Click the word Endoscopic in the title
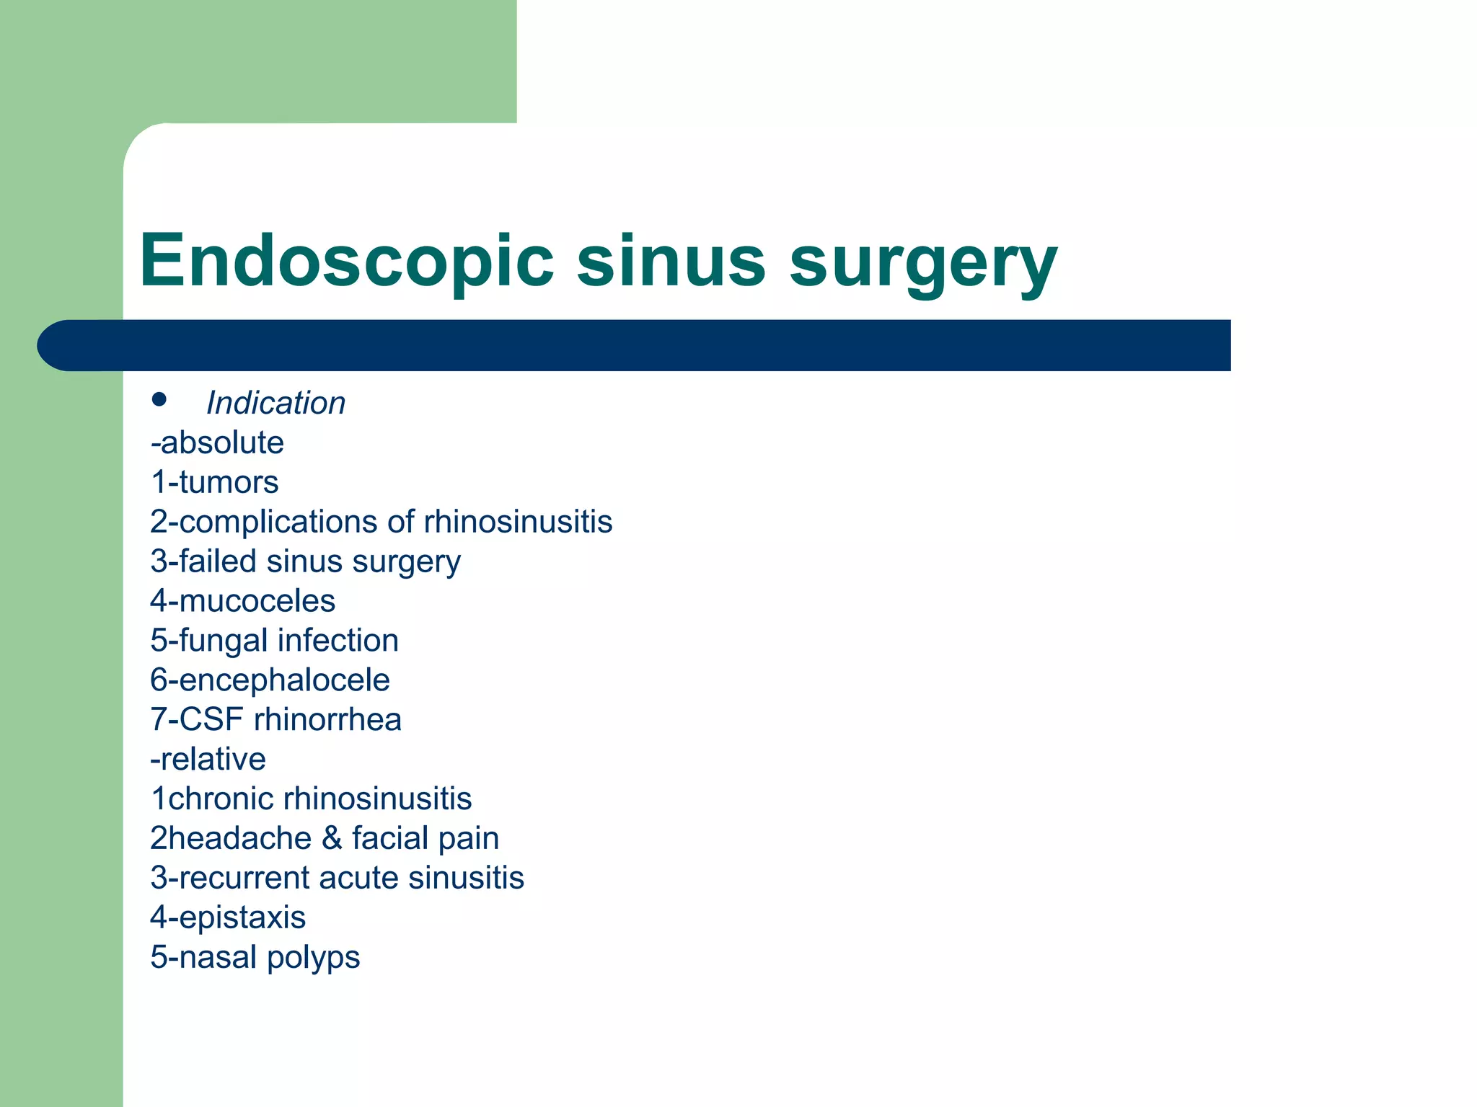coord(346,261)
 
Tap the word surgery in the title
coord(923,263)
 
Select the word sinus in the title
coord(671,261)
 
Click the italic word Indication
coord(275,403)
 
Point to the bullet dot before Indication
coord(159,400)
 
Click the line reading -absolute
coord(217,443)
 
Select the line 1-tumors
coord(214,482)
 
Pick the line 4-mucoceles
coord(242,601)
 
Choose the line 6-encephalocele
coord(270,680)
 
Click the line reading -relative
coord(208,760)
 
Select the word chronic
coord(221,799)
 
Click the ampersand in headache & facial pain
coord(332,839)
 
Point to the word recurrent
coord(243,879)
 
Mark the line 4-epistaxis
coord(228,918)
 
